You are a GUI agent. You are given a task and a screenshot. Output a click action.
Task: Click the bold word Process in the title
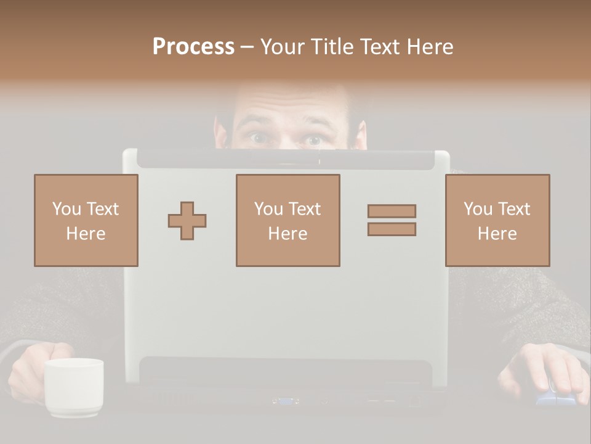(193, 47)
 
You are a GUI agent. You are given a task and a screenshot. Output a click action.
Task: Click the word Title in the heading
(332, 47)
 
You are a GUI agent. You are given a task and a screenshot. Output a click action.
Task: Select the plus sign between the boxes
(187, 221)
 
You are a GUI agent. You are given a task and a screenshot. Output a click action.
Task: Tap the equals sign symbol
(392, 220)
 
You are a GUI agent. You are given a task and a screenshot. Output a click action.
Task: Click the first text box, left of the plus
(86, 220)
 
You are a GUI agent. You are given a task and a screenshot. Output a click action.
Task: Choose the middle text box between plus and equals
(287, 220)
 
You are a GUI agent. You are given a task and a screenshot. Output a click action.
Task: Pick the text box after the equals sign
(497, 220)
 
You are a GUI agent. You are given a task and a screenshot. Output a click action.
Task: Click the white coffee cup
(74, 387)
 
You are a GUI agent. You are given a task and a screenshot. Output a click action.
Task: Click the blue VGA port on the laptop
(286, 401)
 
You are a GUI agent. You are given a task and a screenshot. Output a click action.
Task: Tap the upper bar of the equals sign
(392, 211)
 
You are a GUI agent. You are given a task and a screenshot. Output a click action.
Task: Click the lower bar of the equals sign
(392, 229)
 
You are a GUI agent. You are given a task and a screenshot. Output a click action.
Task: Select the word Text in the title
(379, 47)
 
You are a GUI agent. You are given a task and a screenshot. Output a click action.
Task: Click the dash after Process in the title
(247, 47)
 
